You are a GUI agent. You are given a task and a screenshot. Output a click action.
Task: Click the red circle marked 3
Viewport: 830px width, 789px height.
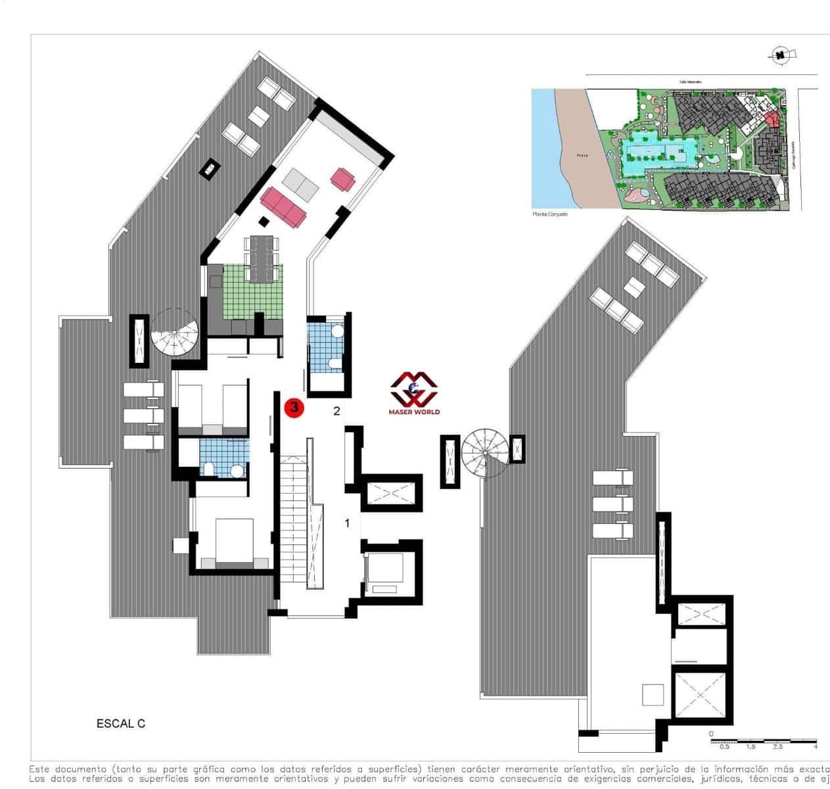point(294,408)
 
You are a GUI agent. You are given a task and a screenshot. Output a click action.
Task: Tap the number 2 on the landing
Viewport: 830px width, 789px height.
point(336,412)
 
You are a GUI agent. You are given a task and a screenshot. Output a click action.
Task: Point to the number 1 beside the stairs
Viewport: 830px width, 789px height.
point(348,523)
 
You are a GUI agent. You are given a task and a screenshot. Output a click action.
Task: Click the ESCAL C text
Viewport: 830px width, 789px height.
point(121,724)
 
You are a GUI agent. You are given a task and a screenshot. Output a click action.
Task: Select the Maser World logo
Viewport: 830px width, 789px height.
point(415,393)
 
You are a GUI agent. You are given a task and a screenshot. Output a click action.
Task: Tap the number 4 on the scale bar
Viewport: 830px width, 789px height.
point(816,747)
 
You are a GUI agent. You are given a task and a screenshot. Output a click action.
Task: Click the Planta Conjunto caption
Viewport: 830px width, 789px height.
point(549,214)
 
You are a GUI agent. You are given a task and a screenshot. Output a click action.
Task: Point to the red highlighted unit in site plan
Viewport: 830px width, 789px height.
point(772,119)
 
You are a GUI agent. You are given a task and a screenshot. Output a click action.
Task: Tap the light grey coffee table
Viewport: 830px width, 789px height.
point(300,183)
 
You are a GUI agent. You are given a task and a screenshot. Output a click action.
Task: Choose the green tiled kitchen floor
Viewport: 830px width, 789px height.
point(252,291)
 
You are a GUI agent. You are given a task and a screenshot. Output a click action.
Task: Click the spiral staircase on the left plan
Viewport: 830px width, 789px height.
point(175,333)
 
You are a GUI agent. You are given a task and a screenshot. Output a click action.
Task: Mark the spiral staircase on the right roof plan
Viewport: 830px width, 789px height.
point(484,452)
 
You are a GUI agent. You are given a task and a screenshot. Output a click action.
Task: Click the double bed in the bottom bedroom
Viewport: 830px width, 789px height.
point(235,543)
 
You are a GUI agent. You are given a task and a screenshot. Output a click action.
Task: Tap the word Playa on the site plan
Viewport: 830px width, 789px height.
point(582,155)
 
